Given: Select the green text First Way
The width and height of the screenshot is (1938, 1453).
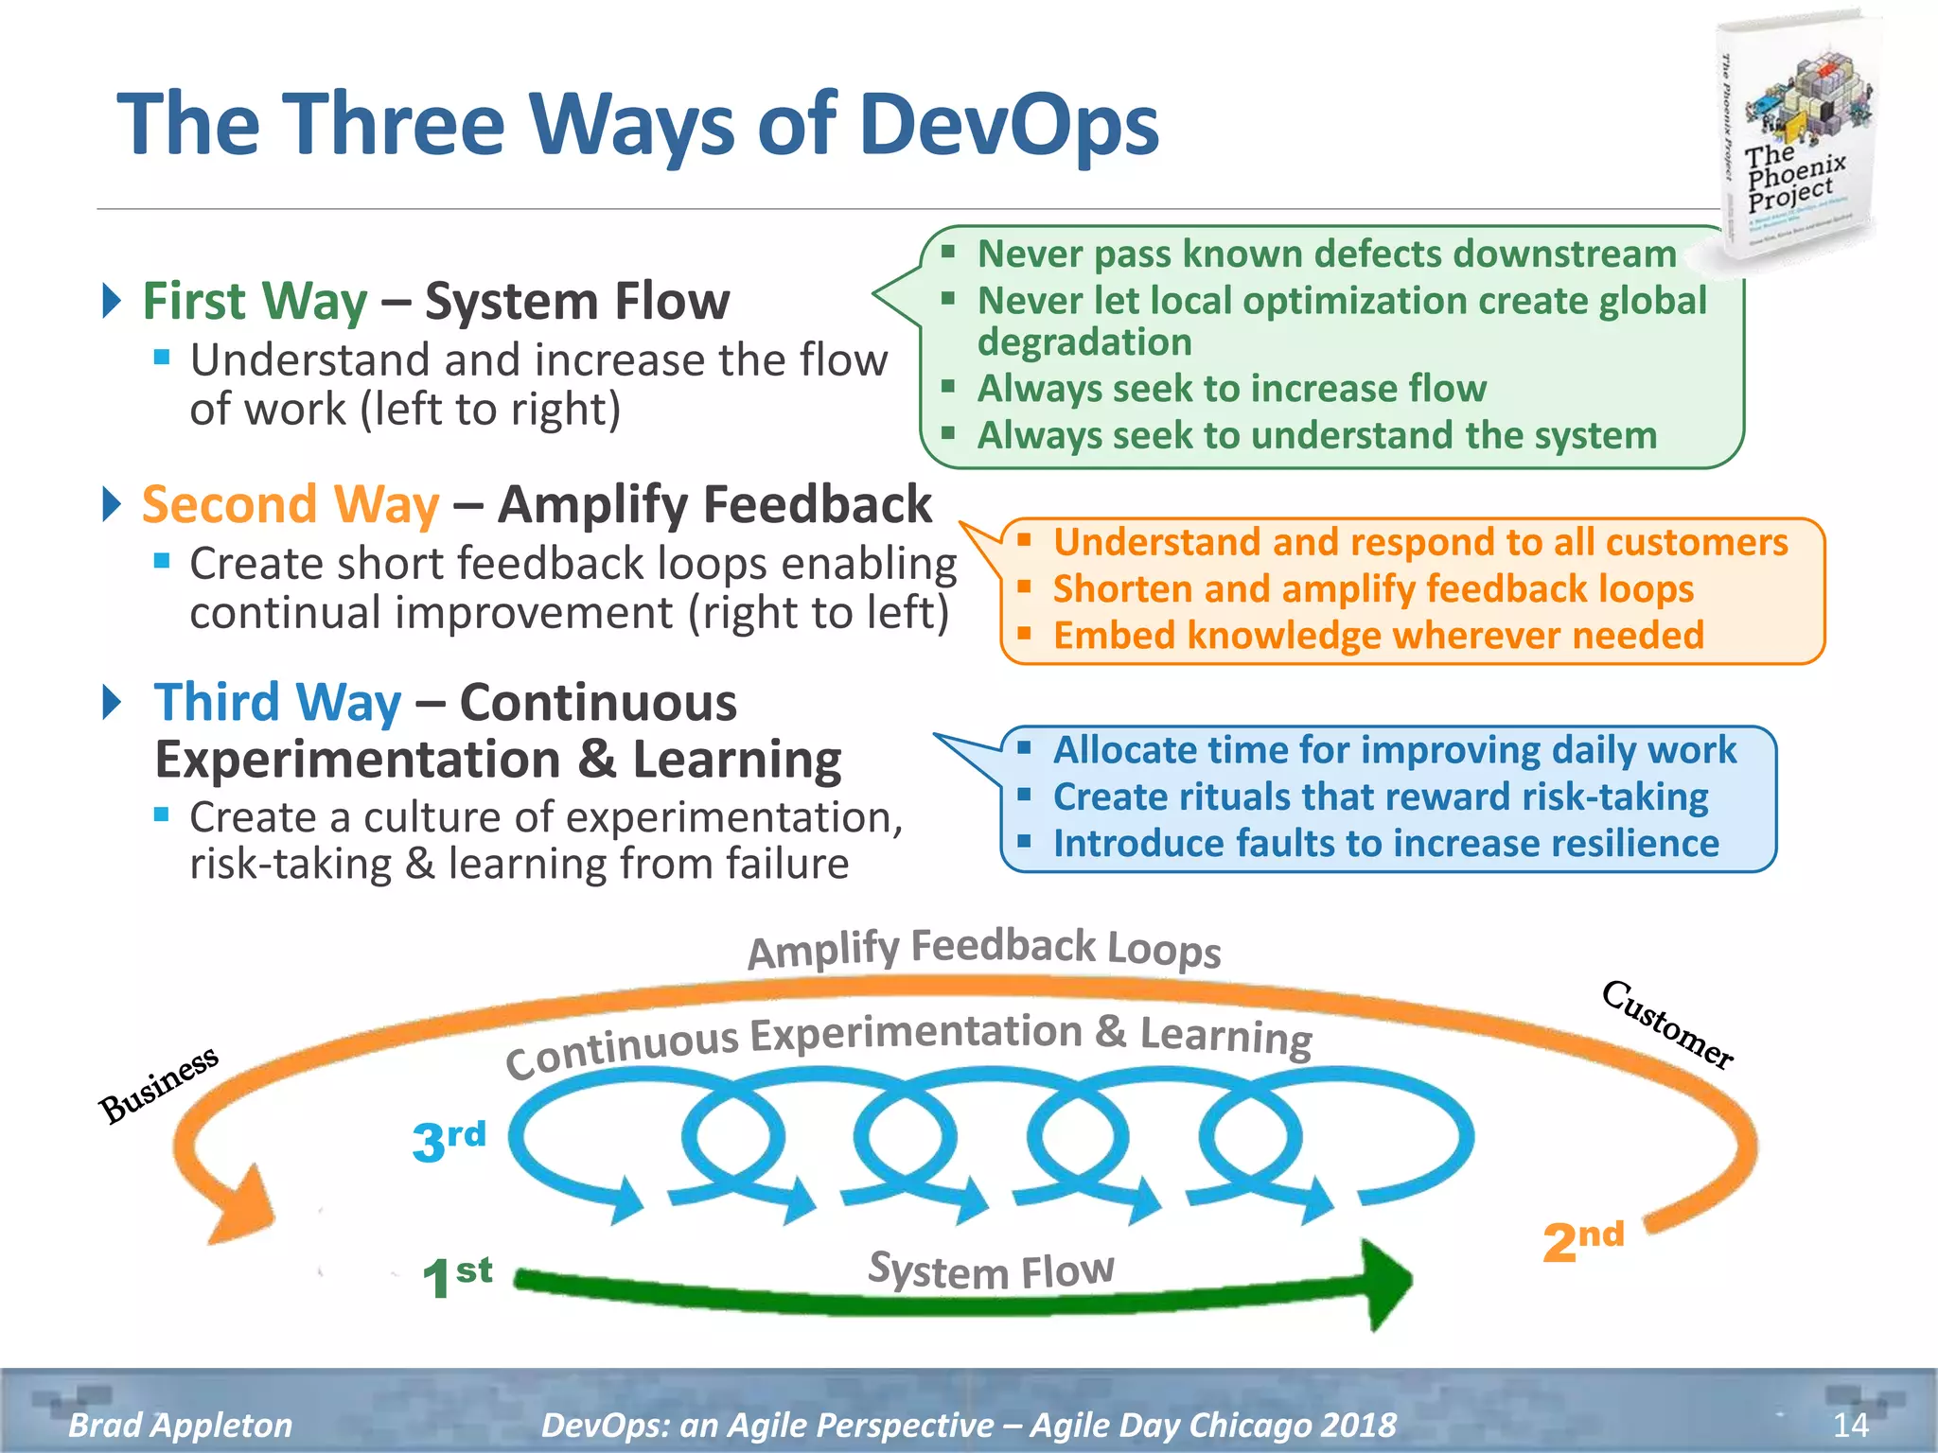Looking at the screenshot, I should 255,302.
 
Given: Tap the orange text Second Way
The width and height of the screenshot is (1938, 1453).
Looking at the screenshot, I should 291,504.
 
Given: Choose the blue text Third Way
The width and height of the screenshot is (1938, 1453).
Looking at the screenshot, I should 277,703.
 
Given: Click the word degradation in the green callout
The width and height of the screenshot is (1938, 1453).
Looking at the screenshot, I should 1084,342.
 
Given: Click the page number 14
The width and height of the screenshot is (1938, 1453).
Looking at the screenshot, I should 1850,1425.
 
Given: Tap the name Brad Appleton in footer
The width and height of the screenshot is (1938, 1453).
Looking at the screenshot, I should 180,1425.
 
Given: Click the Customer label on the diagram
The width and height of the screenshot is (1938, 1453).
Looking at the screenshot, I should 1667,1025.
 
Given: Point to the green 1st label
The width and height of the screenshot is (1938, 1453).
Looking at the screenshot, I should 455,1277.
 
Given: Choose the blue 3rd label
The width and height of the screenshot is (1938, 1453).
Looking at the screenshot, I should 449,1139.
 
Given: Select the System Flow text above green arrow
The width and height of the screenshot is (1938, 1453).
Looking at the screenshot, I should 991,1269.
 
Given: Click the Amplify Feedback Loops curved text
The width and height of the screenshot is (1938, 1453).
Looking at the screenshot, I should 984,949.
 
